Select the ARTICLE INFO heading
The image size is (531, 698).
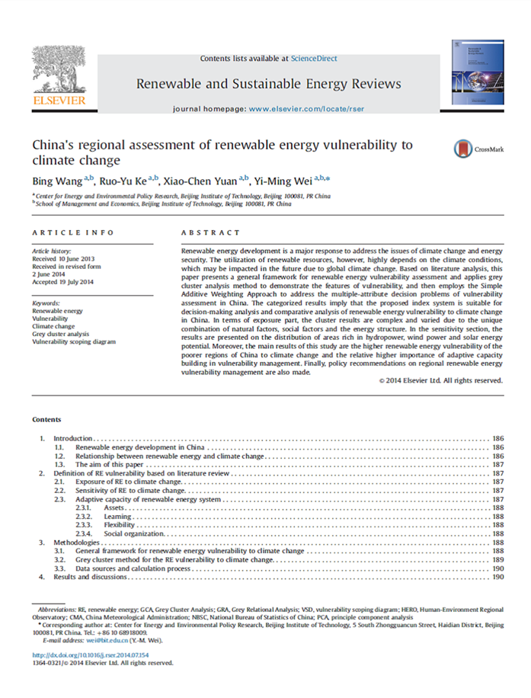tap(73, 232)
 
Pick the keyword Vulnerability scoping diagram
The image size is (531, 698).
tap(74, 342)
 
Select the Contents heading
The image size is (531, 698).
tap(46, 420)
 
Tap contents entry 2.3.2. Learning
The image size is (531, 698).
tap(119, 516)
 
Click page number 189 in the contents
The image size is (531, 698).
tap(499, 559)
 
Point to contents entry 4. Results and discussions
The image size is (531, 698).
tap(93, 577)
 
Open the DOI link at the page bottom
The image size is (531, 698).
tap(91, 655)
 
